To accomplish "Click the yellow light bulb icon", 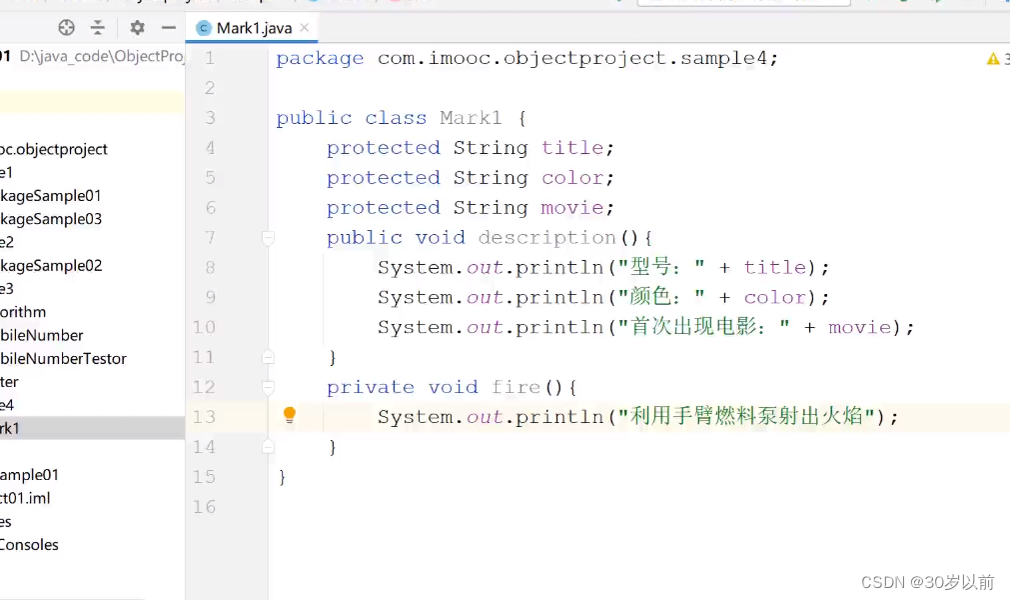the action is click(x=289, y=415).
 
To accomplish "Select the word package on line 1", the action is click(x=320, y=58).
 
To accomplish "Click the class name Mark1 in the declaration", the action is click(x=471, y=118).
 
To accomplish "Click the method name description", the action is click(x=546, y=238).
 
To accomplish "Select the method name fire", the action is click(x=515, y=388).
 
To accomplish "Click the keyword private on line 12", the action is click(x=370, y=388).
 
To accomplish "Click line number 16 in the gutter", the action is click(x=204, y=507).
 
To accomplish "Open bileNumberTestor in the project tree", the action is click(x=63, y=358).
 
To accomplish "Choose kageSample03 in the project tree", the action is click(x=50, y=219).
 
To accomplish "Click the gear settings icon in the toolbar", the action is click(x=137, y=28).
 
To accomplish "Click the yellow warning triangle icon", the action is click(x=992, y=59).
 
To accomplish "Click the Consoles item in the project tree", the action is click(x=29, y=545).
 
